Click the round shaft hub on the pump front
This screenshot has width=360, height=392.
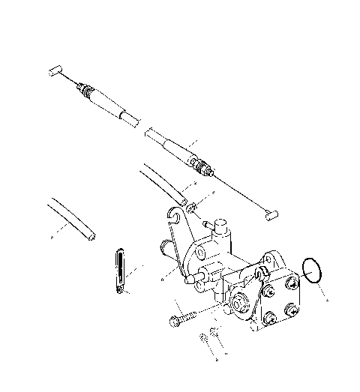tap(240, 304)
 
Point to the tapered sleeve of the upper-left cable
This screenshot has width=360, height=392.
tap(120, 109)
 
